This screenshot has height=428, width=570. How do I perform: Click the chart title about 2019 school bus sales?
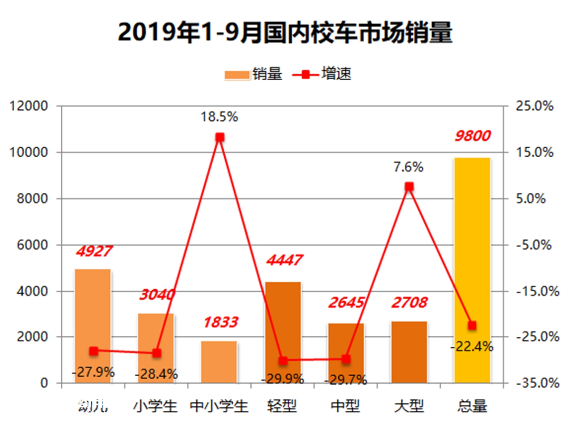(x=285, y=32)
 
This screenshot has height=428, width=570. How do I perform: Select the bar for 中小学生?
(x=219, y=362)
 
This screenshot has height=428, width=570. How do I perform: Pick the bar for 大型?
(x=409, y=352)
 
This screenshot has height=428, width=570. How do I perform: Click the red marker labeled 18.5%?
(x=219, y=137)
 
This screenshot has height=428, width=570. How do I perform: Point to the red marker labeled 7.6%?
(x=409, y=187)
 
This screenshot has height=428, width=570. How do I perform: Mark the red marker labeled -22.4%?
(x=472, y=325)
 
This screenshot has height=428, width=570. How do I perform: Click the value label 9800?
(x=472, y=136)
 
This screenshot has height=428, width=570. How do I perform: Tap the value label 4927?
(x=94, y=251)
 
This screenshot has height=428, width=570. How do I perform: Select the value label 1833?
(x=220, y=322)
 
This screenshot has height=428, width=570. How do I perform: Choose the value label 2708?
(x=409, y=302)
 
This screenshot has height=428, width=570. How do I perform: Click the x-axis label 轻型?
(x=282, y=407)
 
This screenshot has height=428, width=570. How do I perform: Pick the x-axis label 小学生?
(x=155, y=407)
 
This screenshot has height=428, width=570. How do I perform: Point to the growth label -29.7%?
(x=345, y=380)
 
